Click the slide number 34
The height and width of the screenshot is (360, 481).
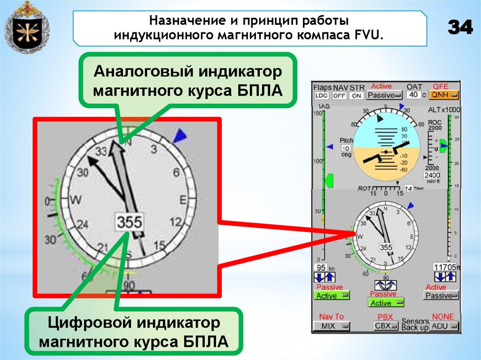[x=460, y=28]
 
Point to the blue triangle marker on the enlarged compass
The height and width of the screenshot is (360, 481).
[x=179, y=136]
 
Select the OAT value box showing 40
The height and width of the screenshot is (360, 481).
[x=413, y=94]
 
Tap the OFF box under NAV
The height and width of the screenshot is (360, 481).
[x=339, y=96]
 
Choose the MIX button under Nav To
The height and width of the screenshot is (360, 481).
[x=332, y=326]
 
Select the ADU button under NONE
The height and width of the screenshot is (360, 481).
[x=444, y=326]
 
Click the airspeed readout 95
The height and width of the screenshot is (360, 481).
[x=322, y=267]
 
